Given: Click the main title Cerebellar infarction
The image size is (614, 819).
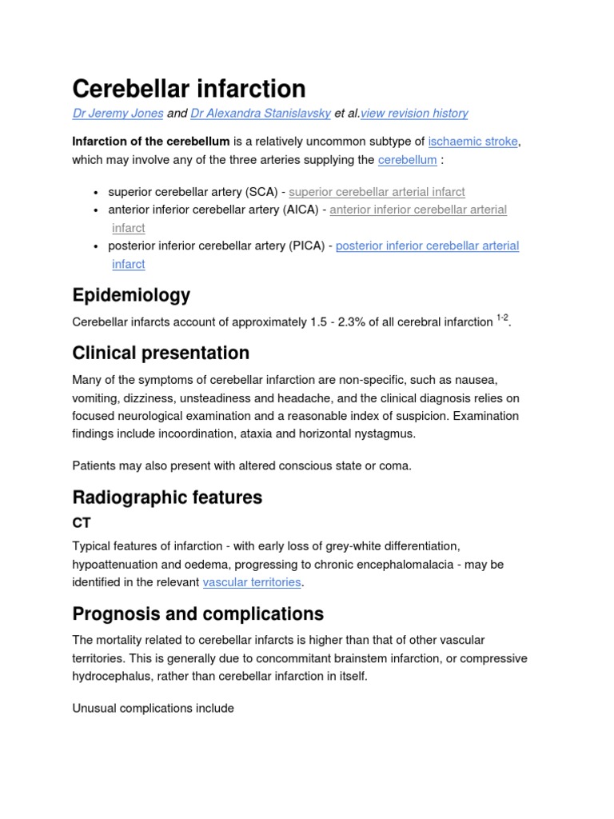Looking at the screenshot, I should point(189,88).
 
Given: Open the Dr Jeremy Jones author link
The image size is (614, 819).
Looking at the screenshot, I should point(118,114).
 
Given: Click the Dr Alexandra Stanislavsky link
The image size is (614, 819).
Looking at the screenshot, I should point(261,114).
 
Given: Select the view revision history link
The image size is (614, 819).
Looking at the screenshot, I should point(414,114).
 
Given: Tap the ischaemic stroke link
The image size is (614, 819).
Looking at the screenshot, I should point(473,142).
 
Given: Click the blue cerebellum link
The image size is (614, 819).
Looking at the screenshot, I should point(407,160).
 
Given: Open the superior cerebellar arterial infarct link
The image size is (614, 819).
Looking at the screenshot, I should point(377,192).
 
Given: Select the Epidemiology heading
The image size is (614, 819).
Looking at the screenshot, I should point(131,295).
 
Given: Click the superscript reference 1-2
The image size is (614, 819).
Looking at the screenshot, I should point(502,318).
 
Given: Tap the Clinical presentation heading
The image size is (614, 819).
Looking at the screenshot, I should point(161,353).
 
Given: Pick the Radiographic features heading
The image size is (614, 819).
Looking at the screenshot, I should point(167,497).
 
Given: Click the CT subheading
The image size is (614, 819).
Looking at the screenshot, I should point(82,523).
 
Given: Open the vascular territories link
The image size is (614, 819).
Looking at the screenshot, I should point(252,582).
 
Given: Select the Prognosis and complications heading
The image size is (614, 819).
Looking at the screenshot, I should point(197,614).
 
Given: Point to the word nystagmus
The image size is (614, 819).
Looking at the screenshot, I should point(386,433).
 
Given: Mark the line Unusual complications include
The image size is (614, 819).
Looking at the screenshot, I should point(153,709).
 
